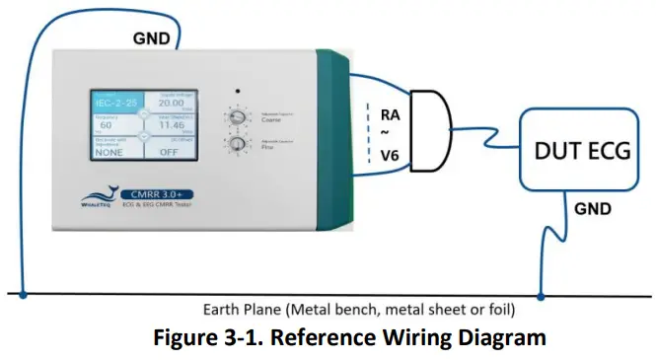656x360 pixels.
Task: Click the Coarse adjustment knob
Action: click(237, 118)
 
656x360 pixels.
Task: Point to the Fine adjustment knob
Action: click(237, 150)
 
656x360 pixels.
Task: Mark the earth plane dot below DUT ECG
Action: click(541, 293)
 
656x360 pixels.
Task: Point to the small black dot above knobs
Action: click(239, 90)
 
